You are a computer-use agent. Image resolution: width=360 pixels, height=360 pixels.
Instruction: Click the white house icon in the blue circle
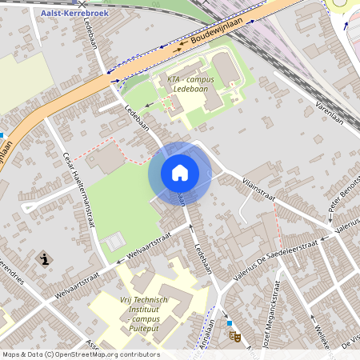[x=179, y=173]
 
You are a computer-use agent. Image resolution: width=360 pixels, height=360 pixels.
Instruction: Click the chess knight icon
[x=45, y=259]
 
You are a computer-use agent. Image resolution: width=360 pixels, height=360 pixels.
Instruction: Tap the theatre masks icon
[x=235, y=336]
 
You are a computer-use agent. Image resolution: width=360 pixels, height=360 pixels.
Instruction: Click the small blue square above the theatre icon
[x=229, y=323]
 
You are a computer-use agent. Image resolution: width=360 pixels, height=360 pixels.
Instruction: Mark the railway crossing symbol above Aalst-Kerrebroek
[x=80, y=3]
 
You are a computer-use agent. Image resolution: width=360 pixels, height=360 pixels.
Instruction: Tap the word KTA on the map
[x=174, y=79]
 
